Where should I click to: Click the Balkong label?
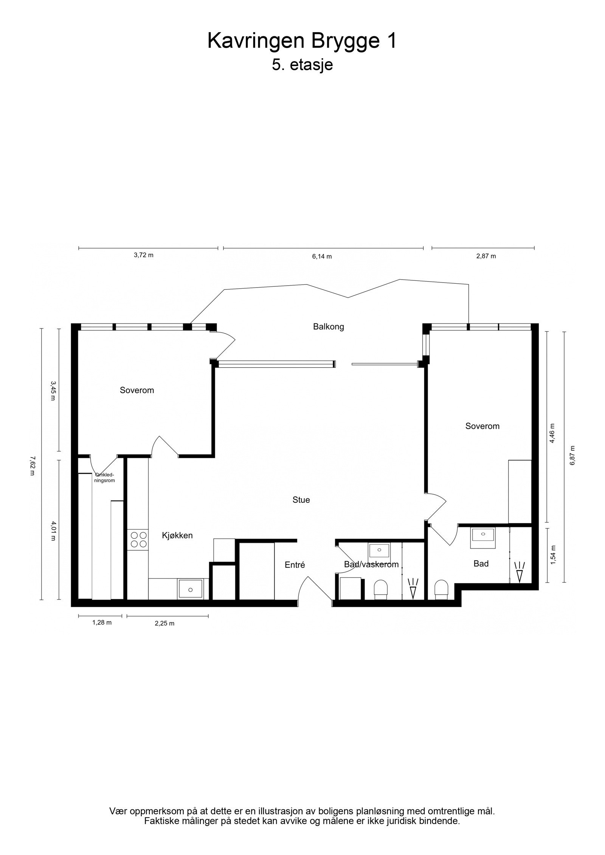click(x=328, y=326)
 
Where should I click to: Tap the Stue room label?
click(x=301, y=500)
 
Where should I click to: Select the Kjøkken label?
click(x=177, y=535)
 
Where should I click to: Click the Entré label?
click(x=295, y=565)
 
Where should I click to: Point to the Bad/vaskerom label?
click(x=371, y=564)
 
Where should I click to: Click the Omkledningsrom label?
click(x=104, y=478)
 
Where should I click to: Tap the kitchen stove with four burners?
click(x=138, y=540)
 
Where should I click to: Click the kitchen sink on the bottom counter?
click(x=191, y=589)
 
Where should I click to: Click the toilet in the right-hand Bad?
click(x=441, y=589)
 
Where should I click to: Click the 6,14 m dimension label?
click(x=322, y=257)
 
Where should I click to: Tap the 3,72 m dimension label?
click(x=144, y=255)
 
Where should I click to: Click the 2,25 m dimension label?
click(x=164, y=623)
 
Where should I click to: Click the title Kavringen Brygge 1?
click(x=302, y=41)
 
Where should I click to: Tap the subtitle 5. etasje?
click(x=302, y=65)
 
